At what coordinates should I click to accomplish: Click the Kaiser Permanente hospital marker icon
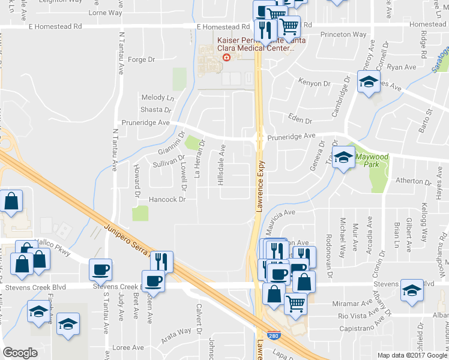click(x=226, y=58)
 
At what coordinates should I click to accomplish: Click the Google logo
click(x=20, y=353)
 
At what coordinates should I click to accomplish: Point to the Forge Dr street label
click(x=142, y=59)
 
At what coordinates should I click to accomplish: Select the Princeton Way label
click(x=343, y=35)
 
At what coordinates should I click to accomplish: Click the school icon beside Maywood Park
click(x=343, y=158)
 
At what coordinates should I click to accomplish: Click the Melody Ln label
click(x=157, y=97)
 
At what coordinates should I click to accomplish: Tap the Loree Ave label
click(x=128, y=347)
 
